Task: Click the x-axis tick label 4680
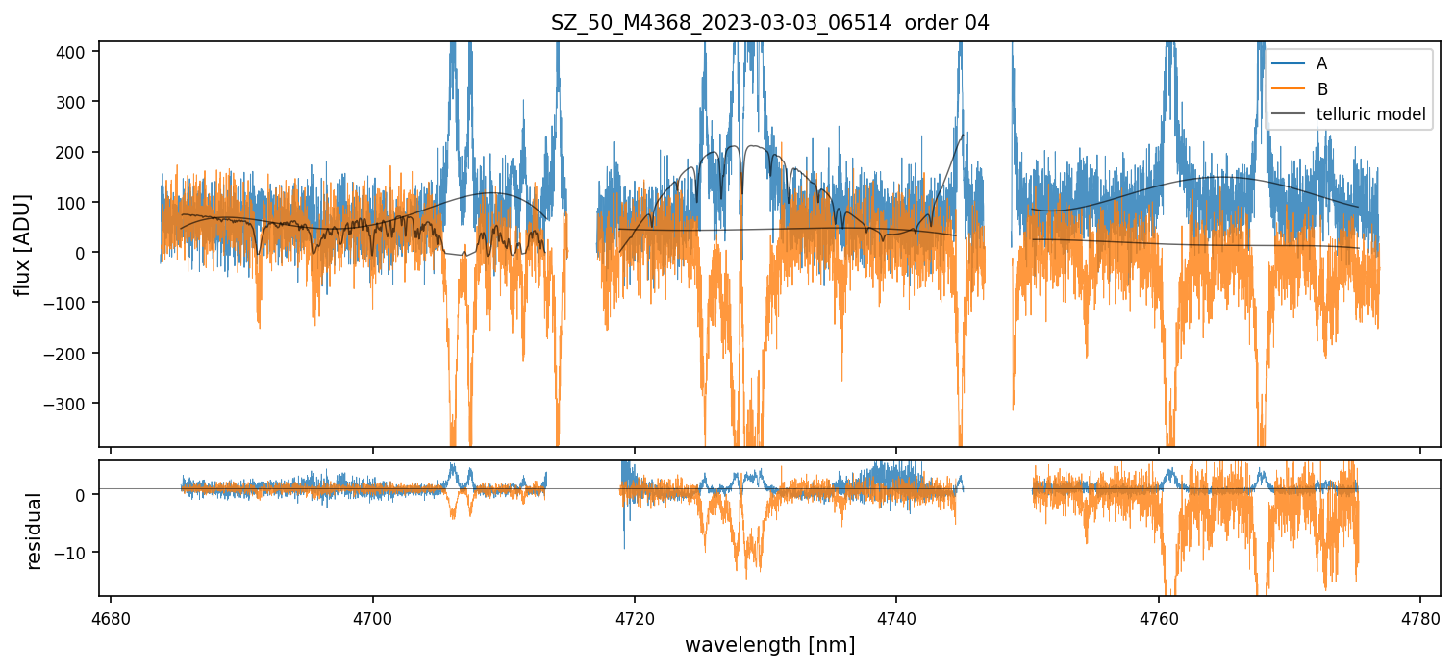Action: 111,616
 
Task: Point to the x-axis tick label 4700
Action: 372,616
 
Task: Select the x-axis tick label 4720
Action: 635,616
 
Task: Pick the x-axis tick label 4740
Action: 896,616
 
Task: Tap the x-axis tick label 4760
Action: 1159,616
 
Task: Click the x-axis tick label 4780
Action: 1420,616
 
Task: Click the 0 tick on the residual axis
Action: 85,495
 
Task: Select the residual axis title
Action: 35,531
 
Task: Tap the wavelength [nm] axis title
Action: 769,645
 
